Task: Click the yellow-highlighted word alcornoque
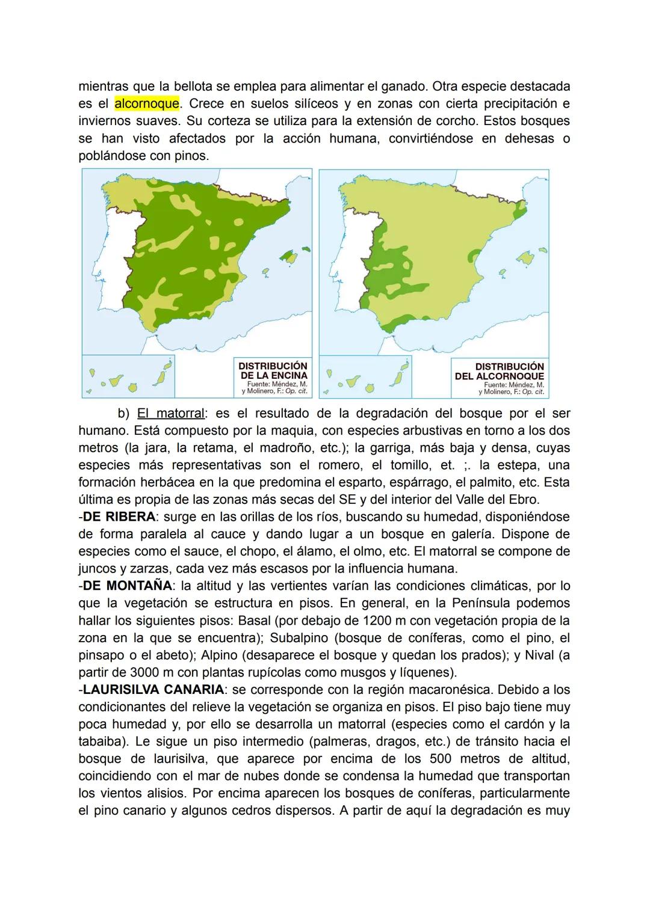pyautogui.click(x=147, y=103)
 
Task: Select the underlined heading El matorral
pyautogui.click(x=170, y=413)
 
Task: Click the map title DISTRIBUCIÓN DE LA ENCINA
pyautogui.click(x=273, y=370)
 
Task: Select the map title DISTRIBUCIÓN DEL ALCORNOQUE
pyautogui.click(x=500, y=371)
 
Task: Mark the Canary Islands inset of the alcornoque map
pyautogui.click(x=365, y=377)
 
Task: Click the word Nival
pyautogui.click(x=540, y=655)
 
